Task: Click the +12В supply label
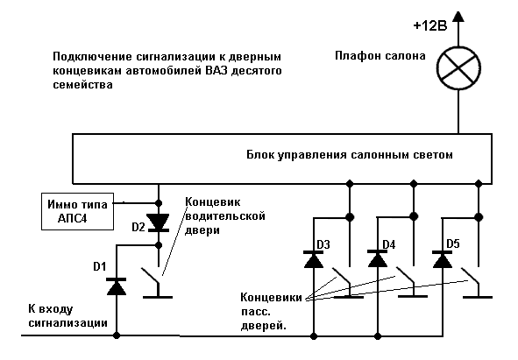coord(430,25)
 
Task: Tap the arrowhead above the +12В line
coord(458,17)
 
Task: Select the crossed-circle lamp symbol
coord(458,68)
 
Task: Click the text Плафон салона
coord(380,56)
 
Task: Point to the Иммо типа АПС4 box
coord(78,211)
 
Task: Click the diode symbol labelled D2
coord(159,222)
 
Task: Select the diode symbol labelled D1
coord(117,286)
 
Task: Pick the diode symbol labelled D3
coord(314,259)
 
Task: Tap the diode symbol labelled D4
coord(378,259)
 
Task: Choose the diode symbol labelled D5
coord(443,259)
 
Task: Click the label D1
coord(99,266)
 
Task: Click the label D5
coord(453,244)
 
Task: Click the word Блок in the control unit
coord(260,154)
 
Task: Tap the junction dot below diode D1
coord(117,335)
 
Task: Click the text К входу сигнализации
coord(67,316)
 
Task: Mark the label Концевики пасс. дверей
coord(271,312)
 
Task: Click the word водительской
coord(225,216)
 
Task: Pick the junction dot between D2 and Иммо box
coord(159,203)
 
